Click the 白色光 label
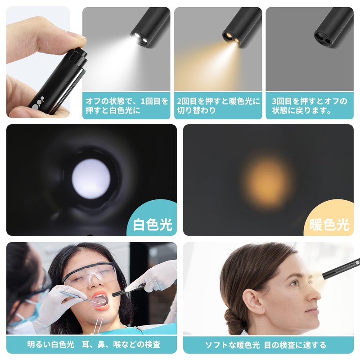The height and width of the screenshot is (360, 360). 153,224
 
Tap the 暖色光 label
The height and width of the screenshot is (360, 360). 329,224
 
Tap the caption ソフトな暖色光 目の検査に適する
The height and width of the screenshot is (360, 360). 265,345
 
